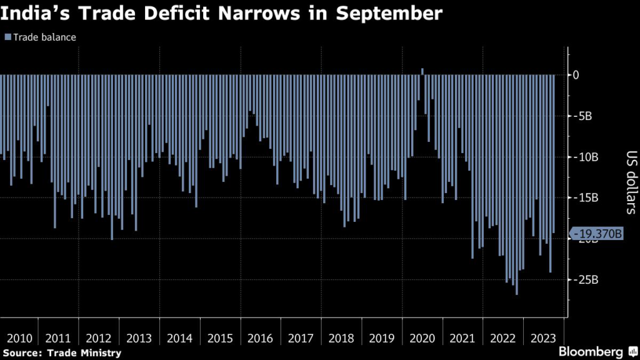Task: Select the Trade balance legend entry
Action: (x=41, y=37)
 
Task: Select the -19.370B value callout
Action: (x=597, y=234)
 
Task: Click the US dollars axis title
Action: (x=629, y=181)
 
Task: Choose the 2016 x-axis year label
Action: (x=260, y=338)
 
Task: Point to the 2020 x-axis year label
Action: (x=422, y=338)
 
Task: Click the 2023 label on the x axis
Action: (x=542, y=338)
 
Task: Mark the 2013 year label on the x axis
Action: (x=139, y=338)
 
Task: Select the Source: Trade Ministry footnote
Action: (x=61, y=353)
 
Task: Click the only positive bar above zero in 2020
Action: (x=422, y=71)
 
